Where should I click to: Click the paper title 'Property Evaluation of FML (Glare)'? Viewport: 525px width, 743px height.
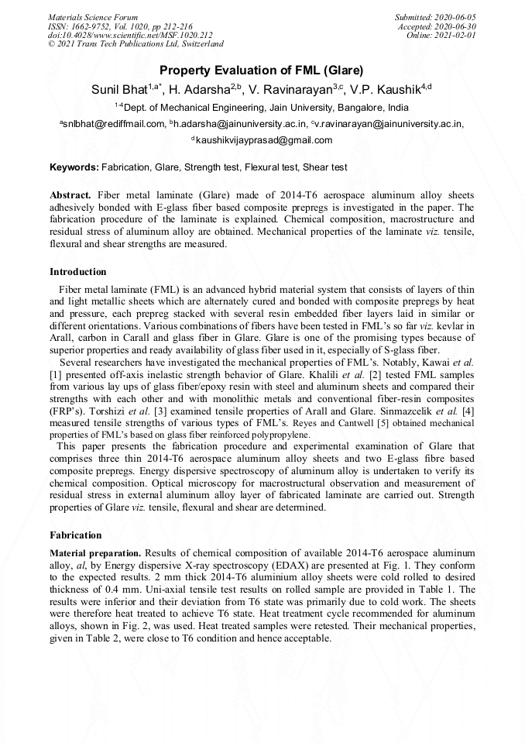(x=262, y=71)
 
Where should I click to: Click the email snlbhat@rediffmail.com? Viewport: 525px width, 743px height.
(x=113, y=123)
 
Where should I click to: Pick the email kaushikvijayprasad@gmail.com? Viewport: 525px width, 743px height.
(x=263, y=140)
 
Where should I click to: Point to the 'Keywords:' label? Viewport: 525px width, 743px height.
(x=74, y=167)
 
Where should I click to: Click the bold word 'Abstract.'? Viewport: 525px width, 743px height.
(x=70, y=195)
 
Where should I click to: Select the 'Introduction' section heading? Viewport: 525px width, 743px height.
(x=78, y=272)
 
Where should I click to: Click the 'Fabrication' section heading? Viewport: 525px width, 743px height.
(x=76, y=535)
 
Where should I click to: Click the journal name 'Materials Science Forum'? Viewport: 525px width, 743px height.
(x=93, y=17)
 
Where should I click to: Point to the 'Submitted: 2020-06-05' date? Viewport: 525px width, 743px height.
(x=436, y=17)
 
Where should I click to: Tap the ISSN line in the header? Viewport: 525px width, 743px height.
(x=120, y=26)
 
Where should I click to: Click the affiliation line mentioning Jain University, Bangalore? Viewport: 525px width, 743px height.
(x=262, y=107)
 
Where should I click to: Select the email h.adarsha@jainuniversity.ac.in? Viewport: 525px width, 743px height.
(x=238, y=123)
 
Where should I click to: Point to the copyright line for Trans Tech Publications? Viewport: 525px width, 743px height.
(x=136, y=45)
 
